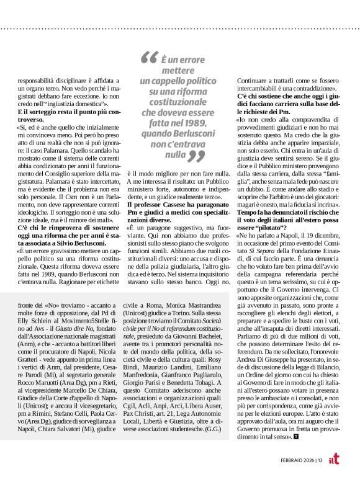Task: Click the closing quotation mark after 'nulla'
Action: (196, 154)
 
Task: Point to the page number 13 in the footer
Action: (319, 459)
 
